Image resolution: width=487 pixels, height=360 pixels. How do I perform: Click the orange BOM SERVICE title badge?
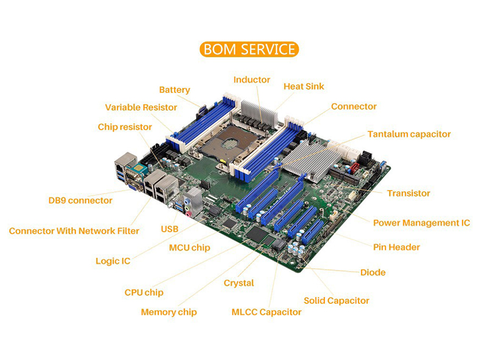coord(249,49)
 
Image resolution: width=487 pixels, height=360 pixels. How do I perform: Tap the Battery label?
coord(175,90)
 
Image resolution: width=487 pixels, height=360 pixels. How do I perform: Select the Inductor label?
coord(252,80)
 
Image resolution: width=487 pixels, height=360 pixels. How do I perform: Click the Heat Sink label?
coord(304,86)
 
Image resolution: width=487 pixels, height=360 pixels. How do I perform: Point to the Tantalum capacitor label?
coord(409,134)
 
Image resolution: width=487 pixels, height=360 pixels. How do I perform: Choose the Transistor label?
coord(408,193)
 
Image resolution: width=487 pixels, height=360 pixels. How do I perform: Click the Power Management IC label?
coord(421,223)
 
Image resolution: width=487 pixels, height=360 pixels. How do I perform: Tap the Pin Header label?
coord(397,247)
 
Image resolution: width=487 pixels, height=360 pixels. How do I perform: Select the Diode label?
coord(373,273)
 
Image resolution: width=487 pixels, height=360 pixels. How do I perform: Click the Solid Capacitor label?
coord(337,301)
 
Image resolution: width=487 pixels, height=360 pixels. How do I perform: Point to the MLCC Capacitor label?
coord(267,312)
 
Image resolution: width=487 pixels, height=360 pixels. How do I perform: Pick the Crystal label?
coord(239,283)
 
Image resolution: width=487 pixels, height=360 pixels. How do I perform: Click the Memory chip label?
coord(169,312)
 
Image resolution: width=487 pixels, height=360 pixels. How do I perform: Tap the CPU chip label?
coord(144,292)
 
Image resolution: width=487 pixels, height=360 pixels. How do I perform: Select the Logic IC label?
coord(113,261)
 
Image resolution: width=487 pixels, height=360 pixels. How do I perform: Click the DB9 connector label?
coord(80,200)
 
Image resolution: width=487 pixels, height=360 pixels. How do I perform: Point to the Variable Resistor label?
coord(141,107)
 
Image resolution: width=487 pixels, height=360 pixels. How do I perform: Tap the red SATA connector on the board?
coord(354,169)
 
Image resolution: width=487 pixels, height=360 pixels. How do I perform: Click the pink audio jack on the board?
coord(188,214)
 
